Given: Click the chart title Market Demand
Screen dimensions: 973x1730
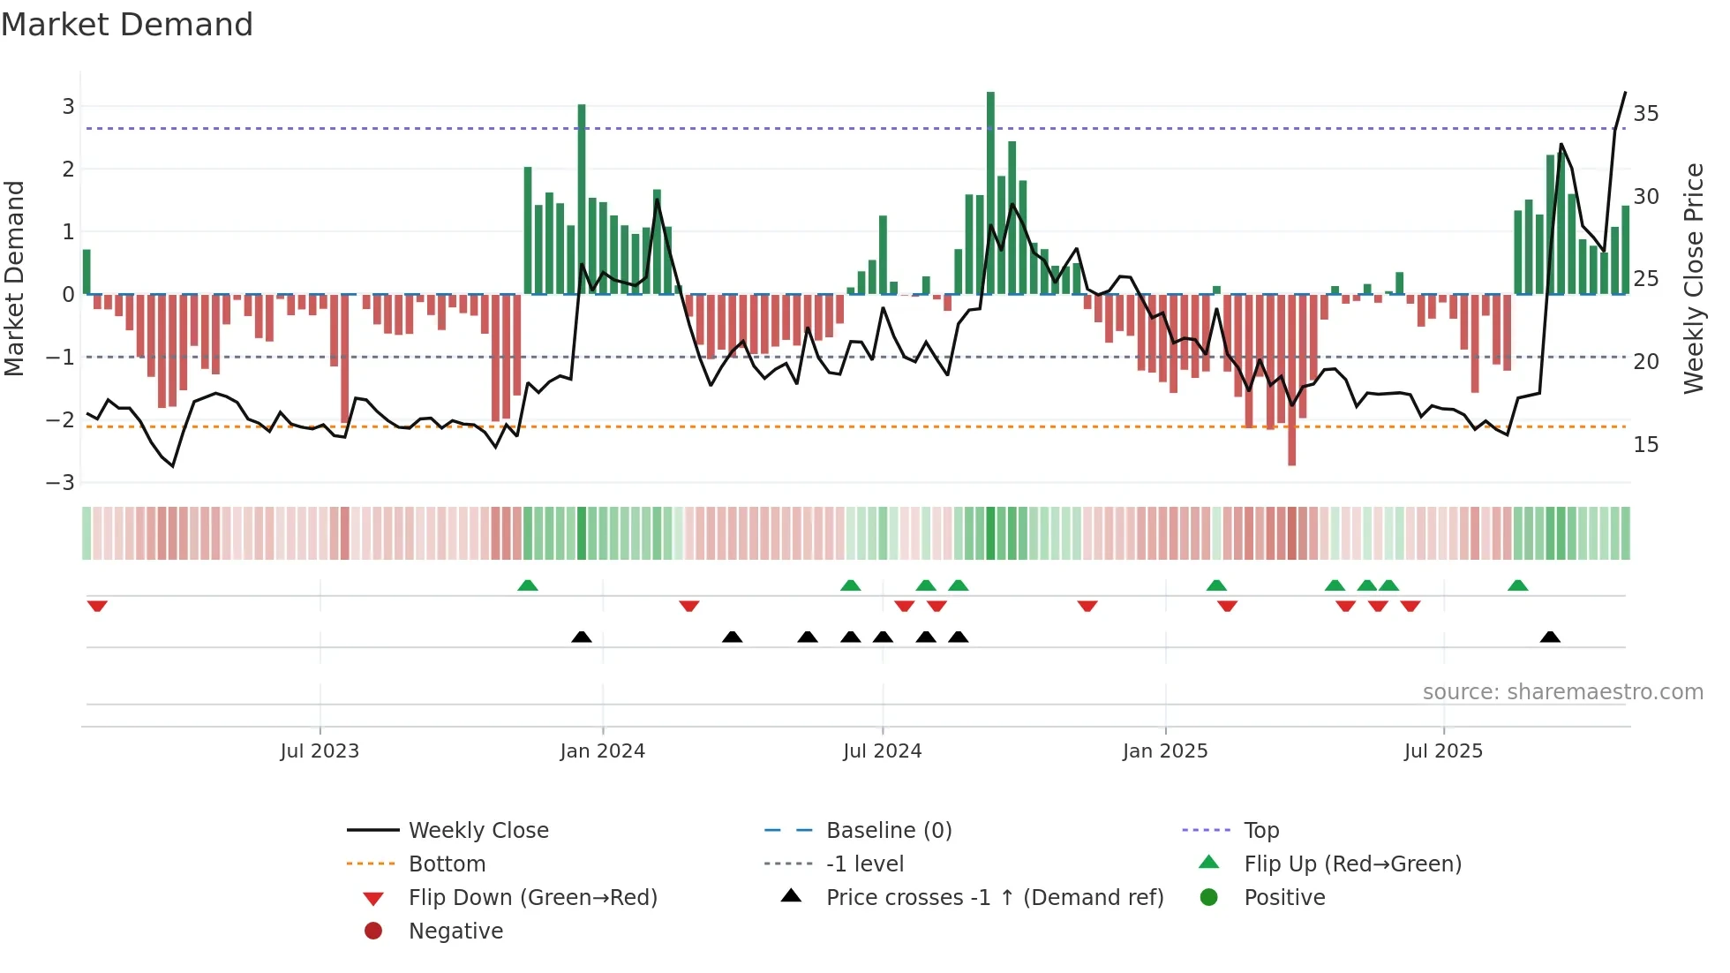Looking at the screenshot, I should click(x=127, y=25).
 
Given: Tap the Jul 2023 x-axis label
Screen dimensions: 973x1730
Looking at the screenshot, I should click(x=320, y=751).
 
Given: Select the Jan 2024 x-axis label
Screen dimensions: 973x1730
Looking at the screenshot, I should click(x=602, y=751).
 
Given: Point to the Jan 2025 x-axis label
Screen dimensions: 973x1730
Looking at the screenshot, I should click(x=1164, y=751).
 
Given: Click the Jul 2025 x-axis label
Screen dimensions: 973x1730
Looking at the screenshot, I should click(x=1443, y=751).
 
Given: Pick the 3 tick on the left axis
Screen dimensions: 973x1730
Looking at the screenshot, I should click(x=68, y=107).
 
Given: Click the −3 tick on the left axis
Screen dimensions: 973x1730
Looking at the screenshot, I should click(x=61, y=483).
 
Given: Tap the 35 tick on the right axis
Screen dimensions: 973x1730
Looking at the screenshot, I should click(x=1645, y=114).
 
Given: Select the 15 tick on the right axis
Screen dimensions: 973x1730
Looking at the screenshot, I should click(x=1645, y=445).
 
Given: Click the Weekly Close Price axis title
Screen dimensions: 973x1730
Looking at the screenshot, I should click(x=1693, y=278).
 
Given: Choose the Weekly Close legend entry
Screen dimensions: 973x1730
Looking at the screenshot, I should click(x=478, y=831).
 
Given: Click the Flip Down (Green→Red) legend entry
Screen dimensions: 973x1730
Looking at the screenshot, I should click(x=532, y=898).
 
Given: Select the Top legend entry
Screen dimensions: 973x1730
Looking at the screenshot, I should click(x=1260, y=831).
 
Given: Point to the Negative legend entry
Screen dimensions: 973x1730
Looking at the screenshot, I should click(x=455, y=932).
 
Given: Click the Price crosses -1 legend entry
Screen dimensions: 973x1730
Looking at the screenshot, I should click(x=994, y=898).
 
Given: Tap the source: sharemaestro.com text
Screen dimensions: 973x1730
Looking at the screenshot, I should click(x=1562, y=692).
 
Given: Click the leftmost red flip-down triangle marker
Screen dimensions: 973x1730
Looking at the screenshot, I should click(x=97, y=606).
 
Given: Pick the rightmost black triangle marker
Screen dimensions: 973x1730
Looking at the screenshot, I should click(x=1550, y=637).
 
